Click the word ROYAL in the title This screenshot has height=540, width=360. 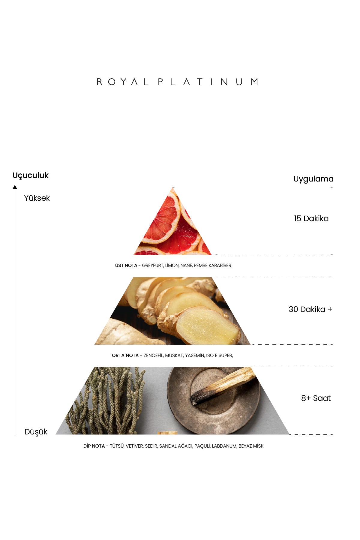122,82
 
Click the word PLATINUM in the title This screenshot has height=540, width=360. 208,82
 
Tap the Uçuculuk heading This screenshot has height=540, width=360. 31,175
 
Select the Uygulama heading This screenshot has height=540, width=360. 313,179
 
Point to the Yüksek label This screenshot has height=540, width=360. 37,198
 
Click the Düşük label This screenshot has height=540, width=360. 36,432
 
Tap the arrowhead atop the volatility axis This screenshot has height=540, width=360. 15,187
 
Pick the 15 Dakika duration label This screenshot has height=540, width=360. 311,218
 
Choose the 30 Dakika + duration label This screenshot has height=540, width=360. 310,309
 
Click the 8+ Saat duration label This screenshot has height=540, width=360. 316,398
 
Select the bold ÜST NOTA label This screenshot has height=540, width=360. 126,265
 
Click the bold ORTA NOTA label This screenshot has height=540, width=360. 125,355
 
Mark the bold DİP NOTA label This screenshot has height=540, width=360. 94,446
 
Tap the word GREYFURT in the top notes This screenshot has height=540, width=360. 153,265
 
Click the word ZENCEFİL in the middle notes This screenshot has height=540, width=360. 154,355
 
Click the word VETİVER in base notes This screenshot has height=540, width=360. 134,446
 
